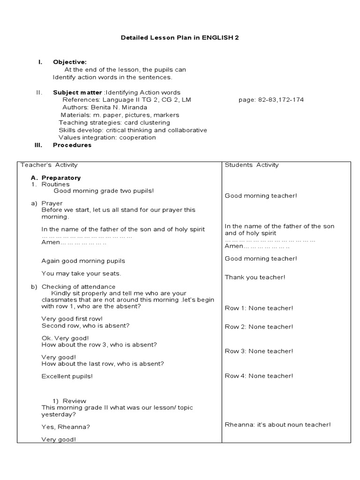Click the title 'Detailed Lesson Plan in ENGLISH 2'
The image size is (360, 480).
tap(180, 37)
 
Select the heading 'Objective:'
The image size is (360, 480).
tap(69, 62)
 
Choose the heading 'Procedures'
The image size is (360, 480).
tap(72, 145)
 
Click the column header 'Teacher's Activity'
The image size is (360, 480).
tap(49, 165)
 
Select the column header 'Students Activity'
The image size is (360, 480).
tap(252, 165)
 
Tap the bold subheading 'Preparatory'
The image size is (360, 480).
tap(61, 178)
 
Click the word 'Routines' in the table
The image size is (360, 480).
tap(55, 184)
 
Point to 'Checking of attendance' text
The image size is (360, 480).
tap(78, 286)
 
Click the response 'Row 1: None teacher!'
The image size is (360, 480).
tap(259, 308)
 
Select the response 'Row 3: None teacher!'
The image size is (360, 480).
tap(259, 351)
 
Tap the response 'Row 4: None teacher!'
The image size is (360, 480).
tap(259, 375)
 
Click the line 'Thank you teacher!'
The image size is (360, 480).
tap(255, 277)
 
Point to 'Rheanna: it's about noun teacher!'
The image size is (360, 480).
tap(277, 424)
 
